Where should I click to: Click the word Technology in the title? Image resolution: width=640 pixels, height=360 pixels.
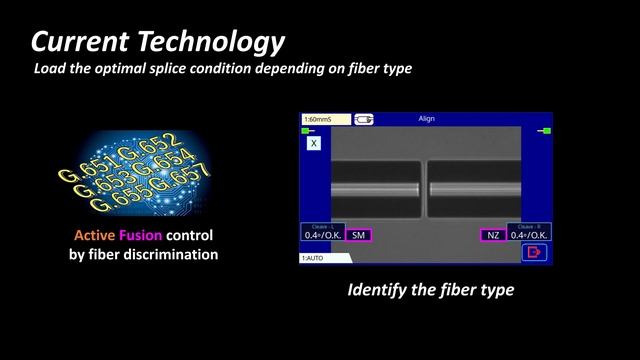(x=214, y=42)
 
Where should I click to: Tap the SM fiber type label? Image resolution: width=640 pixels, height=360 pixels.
(x=358, y=235)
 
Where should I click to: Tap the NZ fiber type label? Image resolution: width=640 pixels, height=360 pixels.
(x=492, y=235)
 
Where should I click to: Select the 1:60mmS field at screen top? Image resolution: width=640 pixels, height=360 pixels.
(x=325, y=120)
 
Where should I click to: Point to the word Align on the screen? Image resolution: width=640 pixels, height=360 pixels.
(x=426, y=120)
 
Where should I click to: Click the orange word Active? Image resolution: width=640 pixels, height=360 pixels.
(x=97, y=236)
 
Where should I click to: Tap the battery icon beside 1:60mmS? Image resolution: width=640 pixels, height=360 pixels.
(x=365, y=120)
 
